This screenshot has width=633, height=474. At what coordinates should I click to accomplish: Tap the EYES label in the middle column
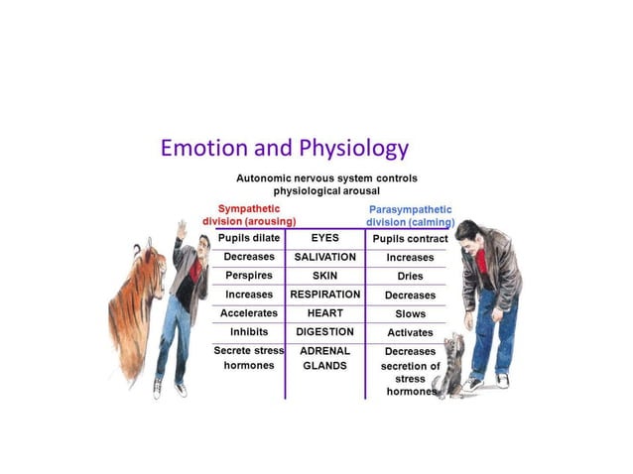pos(324,238)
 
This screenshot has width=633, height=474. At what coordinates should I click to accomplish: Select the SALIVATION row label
pos(324,257)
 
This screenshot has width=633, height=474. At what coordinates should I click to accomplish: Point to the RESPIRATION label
pos(324,295)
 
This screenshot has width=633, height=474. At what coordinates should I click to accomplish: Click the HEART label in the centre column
pos(324,313)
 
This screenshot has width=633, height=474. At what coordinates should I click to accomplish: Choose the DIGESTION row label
pos(324,332)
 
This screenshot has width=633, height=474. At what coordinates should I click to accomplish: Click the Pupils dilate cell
pos(249,238)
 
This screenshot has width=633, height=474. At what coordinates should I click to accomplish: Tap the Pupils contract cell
pos(410,239)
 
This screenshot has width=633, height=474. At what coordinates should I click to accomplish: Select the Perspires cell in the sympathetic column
pos(249,276)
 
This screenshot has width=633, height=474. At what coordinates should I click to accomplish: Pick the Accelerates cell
pos(249,313)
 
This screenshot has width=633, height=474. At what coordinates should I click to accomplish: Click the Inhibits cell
pos(249,332)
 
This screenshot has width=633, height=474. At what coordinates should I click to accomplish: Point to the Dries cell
pos(410,277)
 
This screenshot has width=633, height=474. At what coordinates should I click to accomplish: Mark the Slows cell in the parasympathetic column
pos(410,314)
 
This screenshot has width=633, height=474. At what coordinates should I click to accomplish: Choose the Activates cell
pos(410,333)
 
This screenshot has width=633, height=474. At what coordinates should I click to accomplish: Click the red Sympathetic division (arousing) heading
pos(249,215)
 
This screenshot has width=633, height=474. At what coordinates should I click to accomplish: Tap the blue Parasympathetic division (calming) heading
pos(410,215)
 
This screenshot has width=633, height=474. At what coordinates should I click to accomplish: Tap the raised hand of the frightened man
pos(181,229)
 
